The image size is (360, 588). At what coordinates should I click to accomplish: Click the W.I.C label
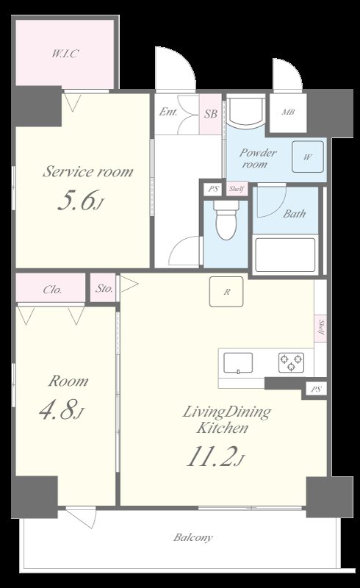pyautogui.click(x=65, y=54)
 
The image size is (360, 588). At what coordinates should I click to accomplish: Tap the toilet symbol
pyautogui.click(x=226, y=221)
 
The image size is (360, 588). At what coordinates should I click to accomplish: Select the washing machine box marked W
pyautogui.click(x=308, y=157)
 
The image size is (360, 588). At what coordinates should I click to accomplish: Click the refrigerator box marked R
pyautogui.click(x=226, y=292)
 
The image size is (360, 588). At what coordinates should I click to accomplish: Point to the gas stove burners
pyautogui.click(x=291, y=362)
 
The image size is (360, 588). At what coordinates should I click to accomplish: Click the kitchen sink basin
pyautogui.click(x=238, y=363)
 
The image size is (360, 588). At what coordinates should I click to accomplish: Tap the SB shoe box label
pyautogui.click(x=211, y=114)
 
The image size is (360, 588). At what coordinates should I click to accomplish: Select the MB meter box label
pyautogui.click(x=288, y=112)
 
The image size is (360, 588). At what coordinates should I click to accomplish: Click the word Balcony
pyautogui.click(x=192, y=537)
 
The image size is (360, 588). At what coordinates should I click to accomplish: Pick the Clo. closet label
pyautogui.click(x=52, y=290)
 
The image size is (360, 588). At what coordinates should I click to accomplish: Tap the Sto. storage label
pyautogui.click(x=104, y=288)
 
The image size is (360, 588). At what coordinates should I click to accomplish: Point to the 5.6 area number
pyautogui.click(x=80, y=201)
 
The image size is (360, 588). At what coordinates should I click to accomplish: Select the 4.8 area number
pyautogui.click(x=62, y=409)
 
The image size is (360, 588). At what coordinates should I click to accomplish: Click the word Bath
pyautogui.click(x=294, y=214)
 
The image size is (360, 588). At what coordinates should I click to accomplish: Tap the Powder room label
pyautogui.click(x=258, y=158)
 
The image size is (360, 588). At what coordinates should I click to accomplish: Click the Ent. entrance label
pyautogui.click(x=168, y=112)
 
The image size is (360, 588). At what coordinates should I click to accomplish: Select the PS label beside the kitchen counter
pyautogui.click(x=316, y=390)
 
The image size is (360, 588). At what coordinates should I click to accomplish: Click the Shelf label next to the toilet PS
pyautogui.click(x=237, y=189)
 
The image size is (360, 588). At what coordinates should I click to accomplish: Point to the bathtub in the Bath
pyautogui.click(x=285, y=254)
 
